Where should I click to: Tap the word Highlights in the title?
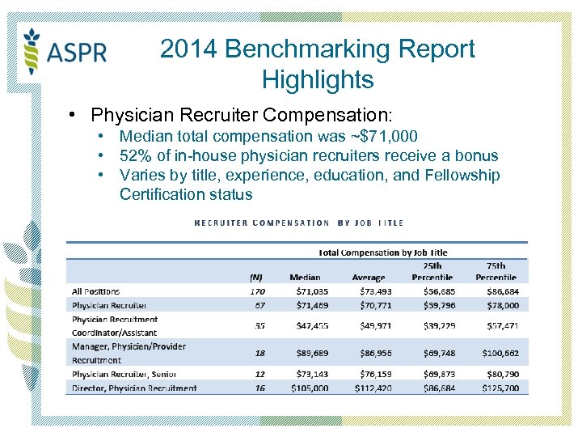pyautogui.click(x=318, y=80)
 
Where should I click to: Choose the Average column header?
pyautogui.click(x=369, y=277)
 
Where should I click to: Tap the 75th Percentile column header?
pyautogui.click(x=496, y=271)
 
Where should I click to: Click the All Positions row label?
pyautogui.click(x=95, y=291)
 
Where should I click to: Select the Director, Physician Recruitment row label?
pyautogui.click(x=134, y=388)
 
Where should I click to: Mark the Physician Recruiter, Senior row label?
pyautogui.click(x=124, y=374)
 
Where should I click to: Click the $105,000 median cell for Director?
pyautogui.click(x=306, y=388)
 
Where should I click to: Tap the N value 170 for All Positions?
pyautogui.click(x=257, y=291)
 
